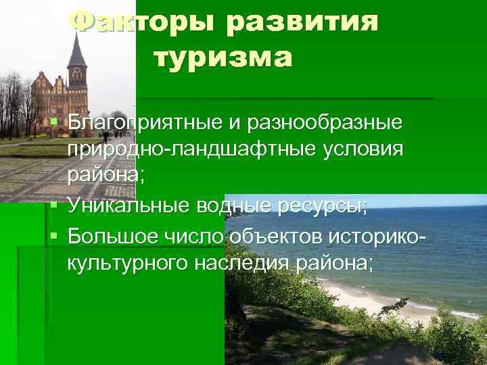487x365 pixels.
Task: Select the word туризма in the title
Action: point(224,58)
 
